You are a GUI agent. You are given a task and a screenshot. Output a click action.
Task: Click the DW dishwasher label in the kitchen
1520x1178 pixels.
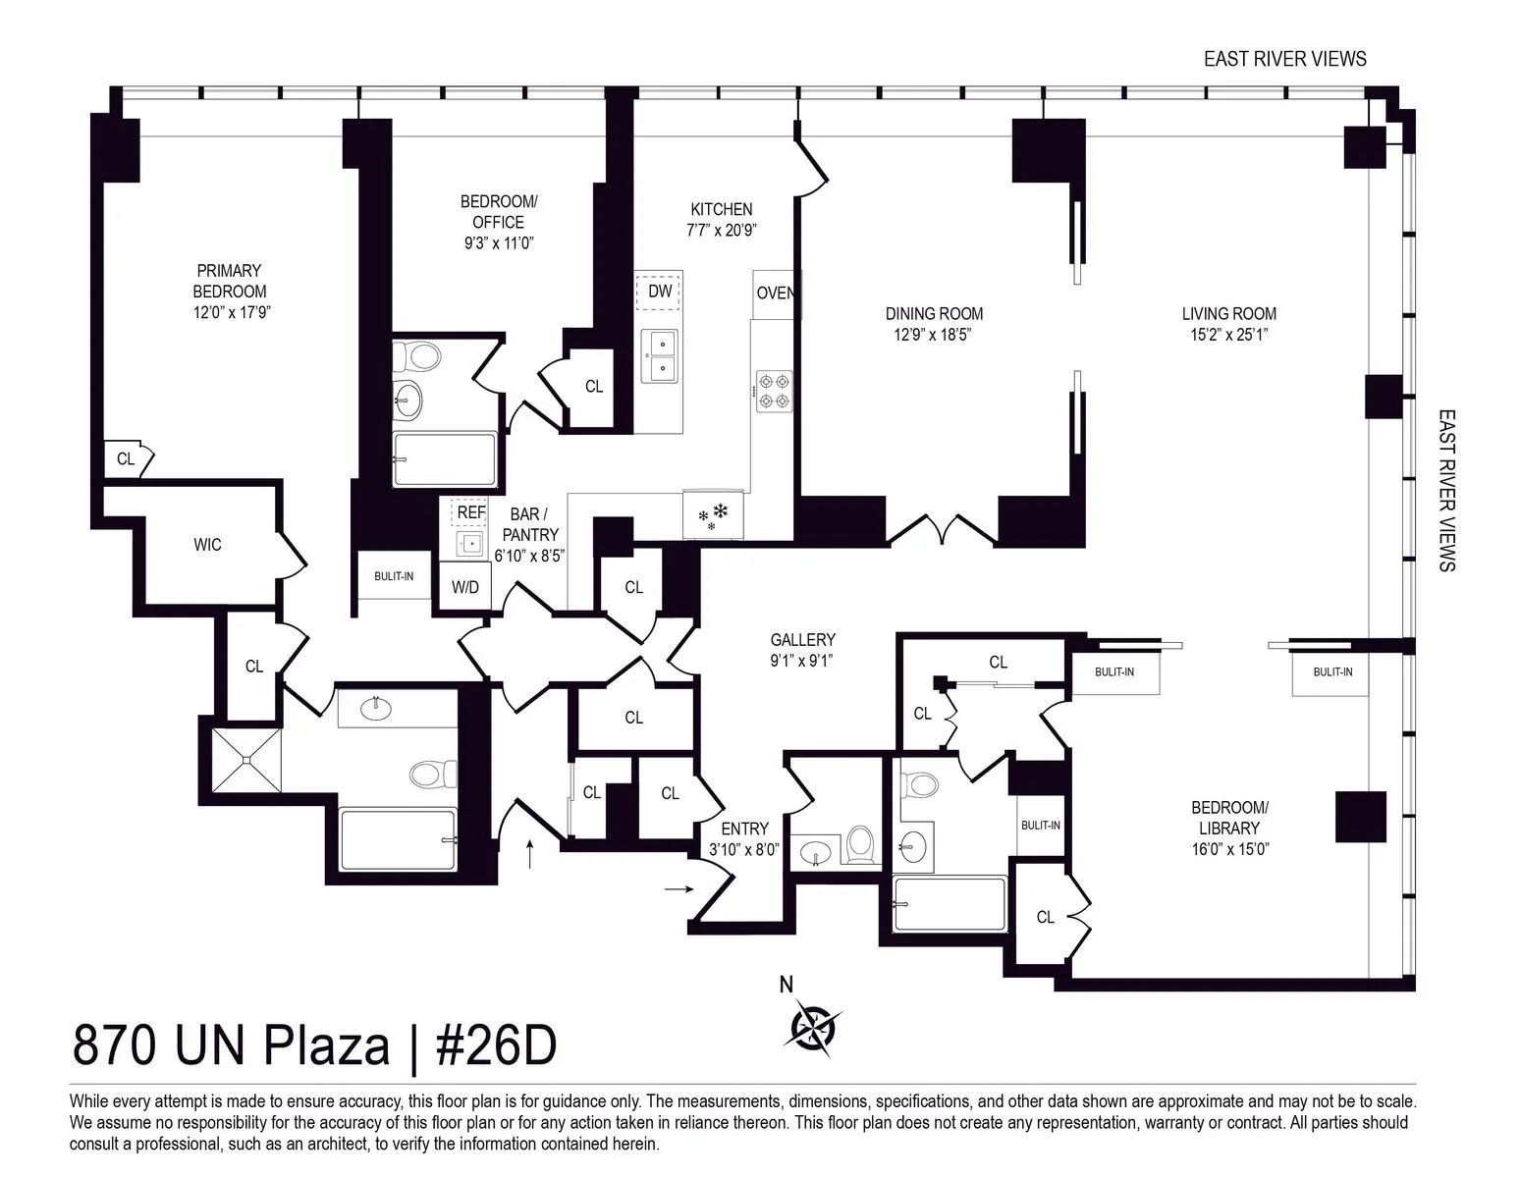pyautogui.click(x=660, y=292)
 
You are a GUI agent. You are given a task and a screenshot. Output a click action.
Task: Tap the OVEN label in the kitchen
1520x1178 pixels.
pyautogui.click(x=776, y=293)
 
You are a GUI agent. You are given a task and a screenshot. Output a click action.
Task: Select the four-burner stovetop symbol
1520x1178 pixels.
pyautogui.click(x=774, y=390)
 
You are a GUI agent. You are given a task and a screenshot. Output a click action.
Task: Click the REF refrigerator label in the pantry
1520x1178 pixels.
pyautogui.click(x=470, y=511)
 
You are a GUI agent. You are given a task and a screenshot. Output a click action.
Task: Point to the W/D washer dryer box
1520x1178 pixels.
pyautogui.click(x=465, y=587)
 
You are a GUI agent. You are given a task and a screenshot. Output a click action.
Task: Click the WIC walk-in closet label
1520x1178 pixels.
pyautogui.click(x=207, y=545)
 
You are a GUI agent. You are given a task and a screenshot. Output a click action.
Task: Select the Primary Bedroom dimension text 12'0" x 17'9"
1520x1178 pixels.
pyautogui.click(x=229, y=313)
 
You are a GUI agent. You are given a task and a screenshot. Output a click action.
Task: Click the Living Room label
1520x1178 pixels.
pyautogui.click(x=1228, y=314)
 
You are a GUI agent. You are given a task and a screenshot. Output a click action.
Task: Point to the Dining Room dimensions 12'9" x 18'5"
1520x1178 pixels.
pyautogui.click(x=934, y=335)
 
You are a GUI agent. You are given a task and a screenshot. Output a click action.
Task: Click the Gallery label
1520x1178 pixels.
pyautogui.click(x=802, y=639)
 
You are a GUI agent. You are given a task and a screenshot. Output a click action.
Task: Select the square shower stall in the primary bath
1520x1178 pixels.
pyautogui.click(x=246, y=762)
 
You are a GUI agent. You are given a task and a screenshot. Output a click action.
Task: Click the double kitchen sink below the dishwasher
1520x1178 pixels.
pyautogui.click(x=660, y=356)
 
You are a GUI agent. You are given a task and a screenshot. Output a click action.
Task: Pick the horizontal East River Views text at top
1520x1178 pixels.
pyautogui.click(x=1284, y=59)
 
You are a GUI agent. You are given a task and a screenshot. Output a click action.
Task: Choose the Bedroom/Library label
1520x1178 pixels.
pyautogui.click(x=1229, y=818)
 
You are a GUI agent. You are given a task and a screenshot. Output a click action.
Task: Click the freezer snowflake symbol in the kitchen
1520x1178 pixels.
pyautogui.click(x=715, y=516)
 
